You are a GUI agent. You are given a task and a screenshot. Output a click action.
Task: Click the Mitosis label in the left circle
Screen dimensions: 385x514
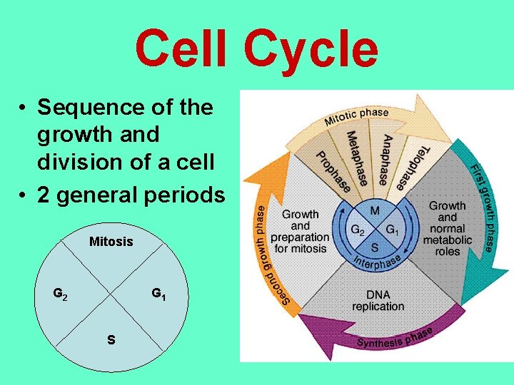tap(111, 242)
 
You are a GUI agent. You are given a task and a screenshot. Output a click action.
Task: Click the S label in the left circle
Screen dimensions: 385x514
tap(111, 340)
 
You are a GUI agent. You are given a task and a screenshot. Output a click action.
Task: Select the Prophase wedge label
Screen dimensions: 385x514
tap(333, 172)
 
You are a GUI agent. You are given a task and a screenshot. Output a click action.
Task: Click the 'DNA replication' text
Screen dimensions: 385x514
tap(378, 300)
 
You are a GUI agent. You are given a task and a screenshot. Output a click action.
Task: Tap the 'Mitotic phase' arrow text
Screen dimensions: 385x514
tap(356, 116)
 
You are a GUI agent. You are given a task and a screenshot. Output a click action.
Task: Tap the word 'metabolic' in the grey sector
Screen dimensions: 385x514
tap(448, 240)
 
